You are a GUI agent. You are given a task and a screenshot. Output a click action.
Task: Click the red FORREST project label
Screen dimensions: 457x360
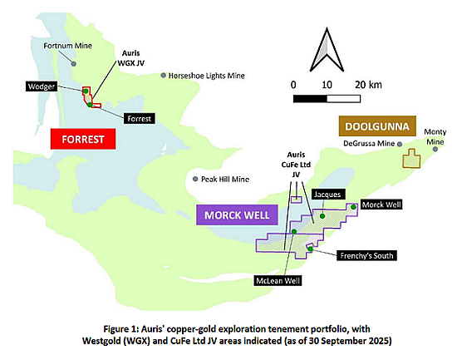[83, 139]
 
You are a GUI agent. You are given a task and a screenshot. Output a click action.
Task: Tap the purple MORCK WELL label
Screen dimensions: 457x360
[237, 215]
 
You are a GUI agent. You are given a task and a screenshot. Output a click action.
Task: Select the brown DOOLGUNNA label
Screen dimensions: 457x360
[377, 126]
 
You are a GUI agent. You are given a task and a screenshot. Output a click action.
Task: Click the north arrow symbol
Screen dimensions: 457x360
[327, 50]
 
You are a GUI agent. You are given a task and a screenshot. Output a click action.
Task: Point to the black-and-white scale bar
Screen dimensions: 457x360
[327, 99]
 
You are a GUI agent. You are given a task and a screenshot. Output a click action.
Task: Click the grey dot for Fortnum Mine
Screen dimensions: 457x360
[74, 63]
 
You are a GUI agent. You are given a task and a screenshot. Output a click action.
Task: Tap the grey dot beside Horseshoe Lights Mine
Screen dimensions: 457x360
[164, 76]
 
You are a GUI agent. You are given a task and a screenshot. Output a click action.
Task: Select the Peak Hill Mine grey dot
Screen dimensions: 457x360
[195, 179]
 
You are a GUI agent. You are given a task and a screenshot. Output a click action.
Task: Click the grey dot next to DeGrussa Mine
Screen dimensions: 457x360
[400, 144]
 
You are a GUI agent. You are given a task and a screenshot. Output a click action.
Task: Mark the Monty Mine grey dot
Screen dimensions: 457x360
[435, 149]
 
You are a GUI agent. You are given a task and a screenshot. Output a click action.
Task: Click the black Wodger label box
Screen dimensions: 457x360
[42, 86]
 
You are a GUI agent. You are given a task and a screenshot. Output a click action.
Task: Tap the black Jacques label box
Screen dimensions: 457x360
[327, 195]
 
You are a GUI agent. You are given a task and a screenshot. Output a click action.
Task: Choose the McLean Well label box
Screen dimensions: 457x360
[278, 281]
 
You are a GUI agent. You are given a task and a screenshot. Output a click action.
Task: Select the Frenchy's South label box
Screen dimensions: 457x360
[366, 255]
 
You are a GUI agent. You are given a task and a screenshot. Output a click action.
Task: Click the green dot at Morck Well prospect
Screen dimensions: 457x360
[353, 207]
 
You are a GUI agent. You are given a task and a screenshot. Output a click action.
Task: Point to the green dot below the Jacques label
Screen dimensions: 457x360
[322, 216]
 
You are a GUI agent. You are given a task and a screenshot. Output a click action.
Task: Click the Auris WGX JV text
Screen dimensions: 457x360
[130, 57]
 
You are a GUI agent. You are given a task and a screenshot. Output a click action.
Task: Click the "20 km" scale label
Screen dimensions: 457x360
[368, 85]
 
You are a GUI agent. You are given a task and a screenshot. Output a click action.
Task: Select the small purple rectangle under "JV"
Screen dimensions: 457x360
[296, 200]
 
